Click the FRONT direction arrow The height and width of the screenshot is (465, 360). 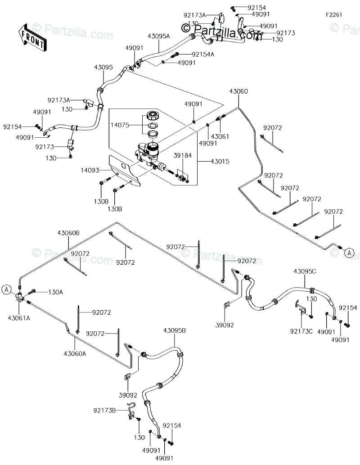tap(32, 36)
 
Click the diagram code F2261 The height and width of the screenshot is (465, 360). tap(334, 15)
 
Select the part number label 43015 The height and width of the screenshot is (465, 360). tap(220, 162)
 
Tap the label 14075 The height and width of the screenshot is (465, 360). tap(120, 125)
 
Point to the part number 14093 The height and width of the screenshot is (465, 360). tap(90, 170)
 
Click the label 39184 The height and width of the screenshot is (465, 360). tap(183, 155)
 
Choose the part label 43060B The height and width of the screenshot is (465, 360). tap(68, 233)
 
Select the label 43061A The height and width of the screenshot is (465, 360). tap(19, 318)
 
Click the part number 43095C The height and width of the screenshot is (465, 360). tap(305, 271)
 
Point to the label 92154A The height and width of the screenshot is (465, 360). tap(203, 54)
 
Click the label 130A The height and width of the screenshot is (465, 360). tap(56, 292)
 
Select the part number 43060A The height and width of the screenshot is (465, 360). tap(75, 353)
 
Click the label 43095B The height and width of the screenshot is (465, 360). tap(174, 330)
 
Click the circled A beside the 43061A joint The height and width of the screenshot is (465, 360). tap(6, 289)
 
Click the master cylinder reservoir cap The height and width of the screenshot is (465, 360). tap(153, 114)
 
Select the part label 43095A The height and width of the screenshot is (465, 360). tap(159, 36)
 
